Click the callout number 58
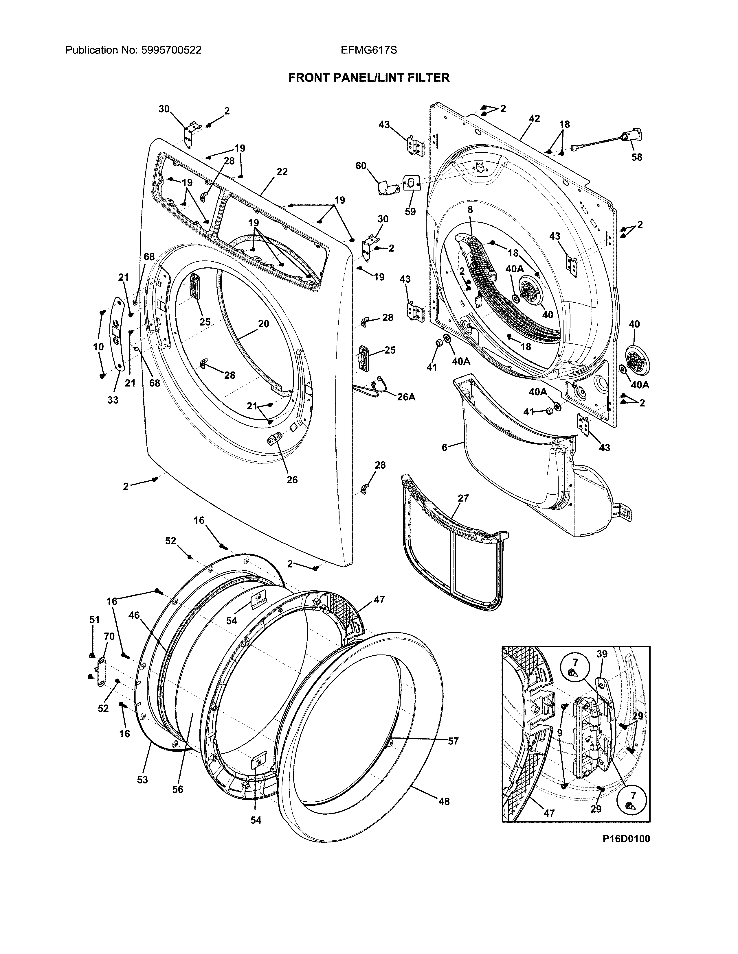tap(637, 157)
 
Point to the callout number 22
tap(282, 172)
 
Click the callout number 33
tap(113, 400)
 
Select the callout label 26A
tap(406, 397)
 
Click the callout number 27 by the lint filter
tap(463, 498)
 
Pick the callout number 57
tap(453, 741)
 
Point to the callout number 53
tap(142, 780)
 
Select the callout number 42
tap(534, 118)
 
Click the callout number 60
tap(361, 166)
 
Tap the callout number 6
tap(445, 447)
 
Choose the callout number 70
tap(109, 637)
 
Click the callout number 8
tap(470, 209)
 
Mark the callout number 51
tap(94, 620)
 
